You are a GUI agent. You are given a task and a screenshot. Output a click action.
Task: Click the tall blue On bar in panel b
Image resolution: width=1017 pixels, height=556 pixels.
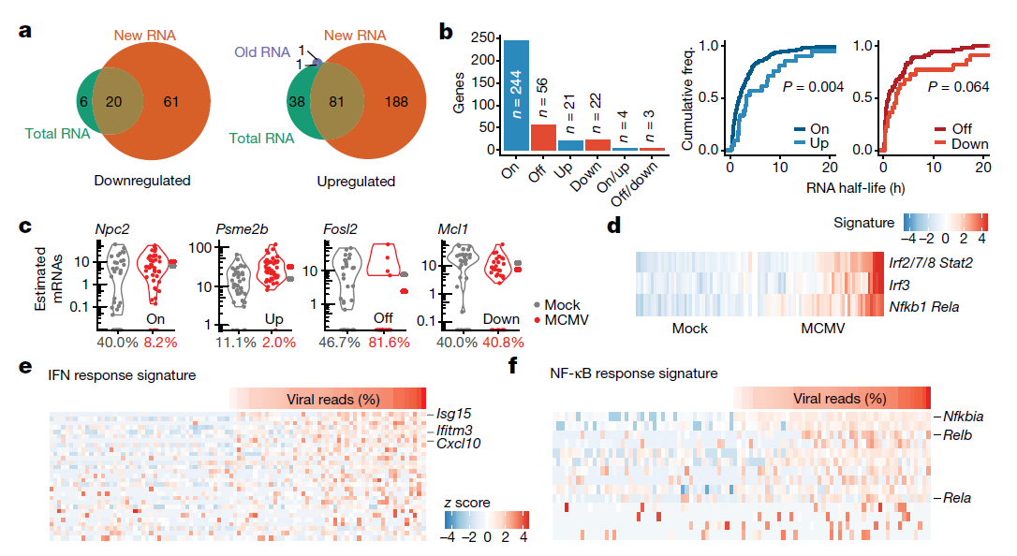pos(517,94)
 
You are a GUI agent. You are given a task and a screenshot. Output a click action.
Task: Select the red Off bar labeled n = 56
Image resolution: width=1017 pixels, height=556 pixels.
pos(544,137)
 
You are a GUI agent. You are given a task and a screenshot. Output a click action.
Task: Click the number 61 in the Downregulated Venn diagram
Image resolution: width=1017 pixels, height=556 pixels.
pos(169,101)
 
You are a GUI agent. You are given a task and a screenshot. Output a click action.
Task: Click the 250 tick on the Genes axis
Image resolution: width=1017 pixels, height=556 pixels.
pos(484,38)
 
